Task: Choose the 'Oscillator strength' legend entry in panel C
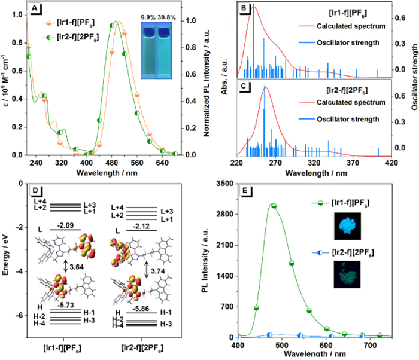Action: click(343, 118)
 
